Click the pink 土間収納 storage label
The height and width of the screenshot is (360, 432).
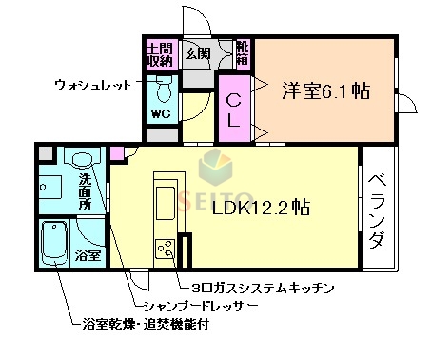[x=160, y=54]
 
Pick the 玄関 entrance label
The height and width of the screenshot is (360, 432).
[x=197, y=53]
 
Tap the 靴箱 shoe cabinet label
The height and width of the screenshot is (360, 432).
[x=243, y=54]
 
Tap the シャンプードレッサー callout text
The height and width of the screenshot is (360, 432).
[x=197, y=305]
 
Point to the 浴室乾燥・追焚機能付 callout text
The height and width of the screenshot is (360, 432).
[x=147, y=324]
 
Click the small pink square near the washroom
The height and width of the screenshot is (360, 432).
[x=117, y=153]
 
